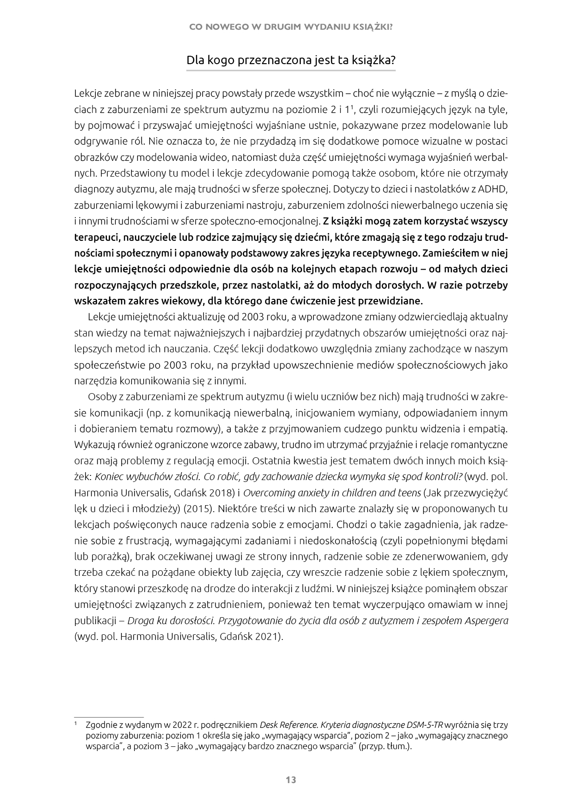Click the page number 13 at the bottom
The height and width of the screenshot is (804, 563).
click(x=291, y=779)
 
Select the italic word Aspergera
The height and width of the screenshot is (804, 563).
click(x=486, y=620)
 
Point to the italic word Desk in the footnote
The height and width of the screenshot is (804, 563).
click(x=269, y=725)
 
